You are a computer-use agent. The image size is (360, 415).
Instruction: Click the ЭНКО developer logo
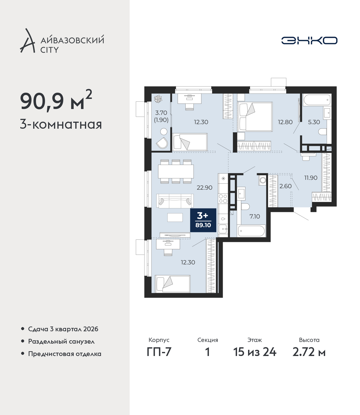click(309, 40)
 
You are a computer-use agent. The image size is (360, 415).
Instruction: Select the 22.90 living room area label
click(204, 187)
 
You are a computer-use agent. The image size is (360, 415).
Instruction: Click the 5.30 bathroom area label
click(314, 122)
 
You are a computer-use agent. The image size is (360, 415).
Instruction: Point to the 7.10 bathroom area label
click(255, 216)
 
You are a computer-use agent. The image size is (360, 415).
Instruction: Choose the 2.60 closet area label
click(285, 186)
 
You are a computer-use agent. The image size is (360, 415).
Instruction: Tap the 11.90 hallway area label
click(311, 178)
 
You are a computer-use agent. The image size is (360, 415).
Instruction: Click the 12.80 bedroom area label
click(285, 122)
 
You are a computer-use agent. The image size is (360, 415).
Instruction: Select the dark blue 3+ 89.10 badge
click(203, 220)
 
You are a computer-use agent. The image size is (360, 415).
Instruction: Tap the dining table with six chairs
click(176, 171)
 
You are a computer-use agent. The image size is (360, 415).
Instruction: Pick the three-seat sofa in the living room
click(175, 201)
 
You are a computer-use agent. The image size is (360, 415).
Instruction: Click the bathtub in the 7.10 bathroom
click(251, 231)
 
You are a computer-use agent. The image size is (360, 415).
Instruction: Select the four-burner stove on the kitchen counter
click(223, 199)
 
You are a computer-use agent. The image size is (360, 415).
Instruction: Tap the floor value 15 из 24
click(255, 352)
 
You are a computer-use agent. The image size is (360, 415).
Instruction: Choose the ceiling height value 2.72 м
click(309, 352)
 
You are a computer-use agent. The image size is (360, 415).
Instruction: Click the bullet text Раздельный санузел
click(61, 341)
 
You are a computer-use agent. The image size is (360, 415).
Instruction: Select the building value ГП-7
click(159, 352)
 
